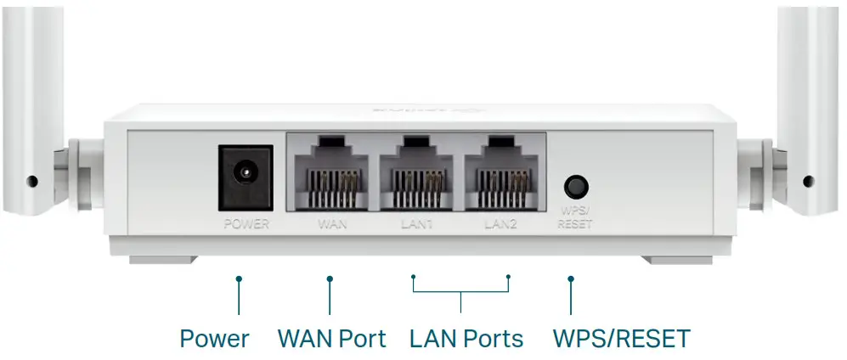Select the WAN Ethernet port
(x=330, y=174)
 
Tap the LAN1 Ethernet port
(x=415, y=174)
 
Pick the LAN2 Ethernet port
(x=500, y=174)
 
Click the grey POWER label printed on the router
(x=246, y=225)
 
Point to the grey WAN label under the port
(x=330, y=225)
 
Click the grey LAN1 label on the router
(x=416, y=225)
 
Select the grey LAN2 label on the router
(x=500, y=225)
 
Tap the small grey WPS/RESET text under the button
(x=575, y=220)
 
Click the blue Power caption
(x=214, y=339)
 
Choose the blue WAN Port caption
(x=331, y=339)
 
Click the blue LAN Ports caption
(x=466, y=339)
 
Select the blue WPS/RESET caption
(x=621, y=339)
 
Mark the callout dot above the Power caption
(x=239, y=278)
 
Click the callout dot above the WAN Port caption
(x=330, y=278)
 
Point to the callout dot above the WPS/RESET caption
(x=570, y=278)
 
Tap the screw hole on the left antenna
(x=32, y=181)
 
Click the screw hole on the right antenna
(x=808, y=181)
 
